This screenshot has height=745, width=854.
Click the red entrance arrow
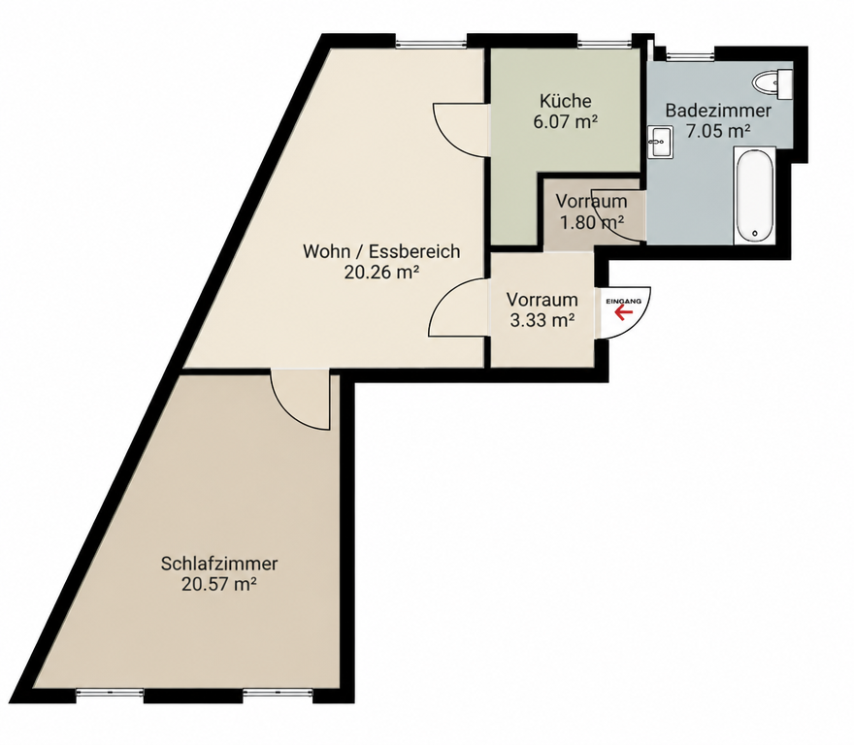(x=623, y=312)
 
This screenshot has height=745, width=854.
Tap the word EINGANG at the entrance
(x=624, y=301)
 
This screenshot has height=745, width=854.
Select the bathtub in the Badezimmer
(x=754, y=195)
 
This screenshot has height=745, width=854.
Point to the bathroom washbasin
(x=660, y=143)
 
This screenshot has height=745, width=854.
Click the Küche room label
(x=566, y=101)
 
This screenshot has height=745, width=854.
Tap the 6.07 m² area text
(x=566, y=121)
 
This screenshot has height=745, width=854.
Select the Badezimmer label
(x=718, y=111)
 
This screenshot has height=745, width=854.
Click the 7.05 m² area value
(x=718, y=131)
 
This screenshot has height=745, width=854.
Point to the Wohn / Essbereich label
(x=381, y=251)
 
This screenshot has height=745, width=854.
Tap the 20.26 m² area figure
(x=381, y=273)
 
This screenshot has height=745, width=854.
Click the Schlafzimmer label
(x=219, y=563)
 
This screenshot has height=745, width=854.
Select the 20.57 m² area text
(x=219, y=584)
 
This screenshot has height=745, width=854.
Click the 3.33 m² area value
(x=542, y=321)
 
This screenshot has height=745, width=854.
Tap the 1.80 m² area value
(x=591, y=222)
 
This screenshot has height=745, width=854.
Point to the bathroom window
(x=689, y=54)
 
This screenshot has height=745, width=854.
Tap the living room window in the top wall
(x=432, y=43)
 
